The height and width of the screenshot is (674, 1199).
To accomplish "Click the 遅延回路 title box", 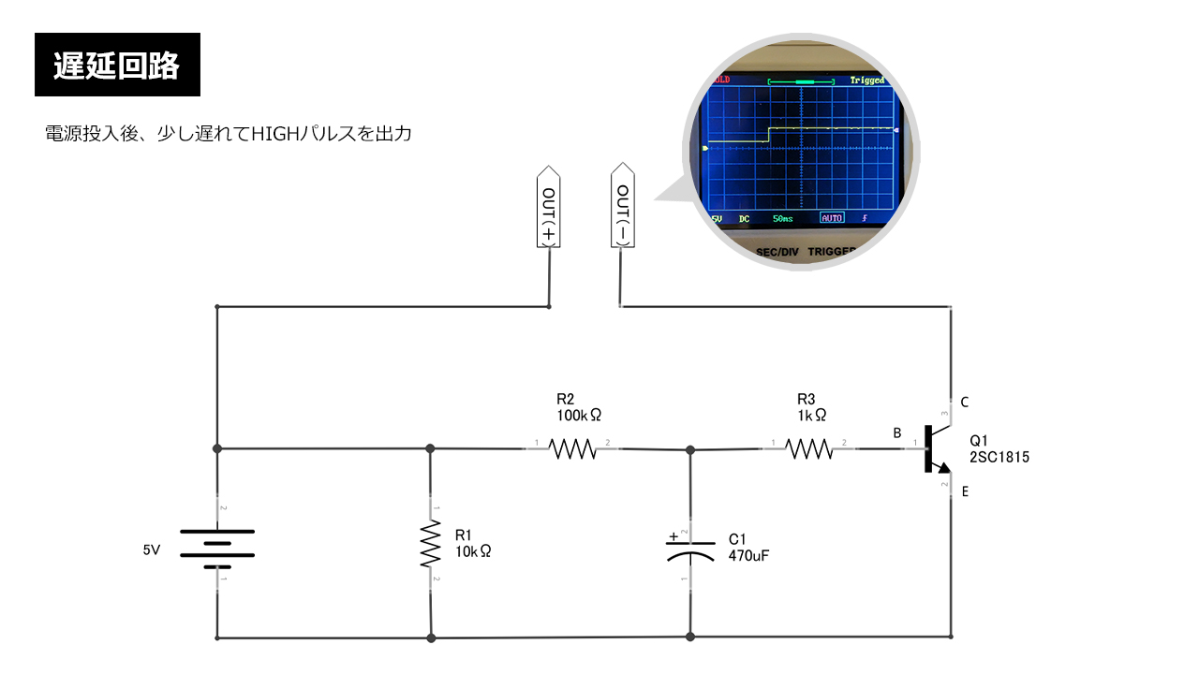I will coord(117,65).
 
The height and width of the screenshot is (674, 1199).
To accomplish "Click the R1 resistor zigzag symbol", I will coord(430,545).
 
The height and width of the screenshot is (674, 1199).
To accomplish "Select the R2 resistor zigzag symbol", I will coord(572,449).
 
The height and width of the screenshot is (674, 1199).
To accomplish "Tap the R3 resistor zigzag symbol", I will coord(809,449).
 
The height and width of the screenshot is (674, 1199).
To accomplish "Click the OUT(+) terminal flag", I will coord(549,208).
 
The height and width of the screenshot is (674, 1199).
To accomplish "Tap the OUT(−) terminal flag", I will coord(621,208).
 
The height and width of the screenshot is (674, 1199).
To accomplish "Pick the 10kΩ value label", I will coord(472,551).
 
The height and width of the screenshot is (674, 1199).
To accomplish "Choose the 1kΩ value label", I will coord(811,414).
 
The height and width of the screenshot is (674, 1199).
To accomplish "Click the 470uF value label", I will coord(748,555).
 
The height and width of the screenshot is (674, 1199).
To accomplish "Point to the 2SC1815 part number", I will coord(999,458).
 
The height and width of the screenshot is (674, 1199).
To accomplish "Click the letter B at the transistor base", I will coord(896,433).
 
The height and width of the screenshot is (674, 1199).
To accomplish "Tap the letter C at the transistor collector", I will coord(964,403).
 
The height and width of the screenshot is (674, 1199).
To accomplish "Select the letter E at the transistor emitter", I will coord(965,491).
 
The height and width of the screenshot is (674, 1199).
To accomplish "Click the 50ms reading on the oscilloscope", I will coord(782,218).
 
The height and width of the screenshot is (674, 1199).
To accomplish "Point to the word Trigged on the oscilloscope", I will coord(866,81).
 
